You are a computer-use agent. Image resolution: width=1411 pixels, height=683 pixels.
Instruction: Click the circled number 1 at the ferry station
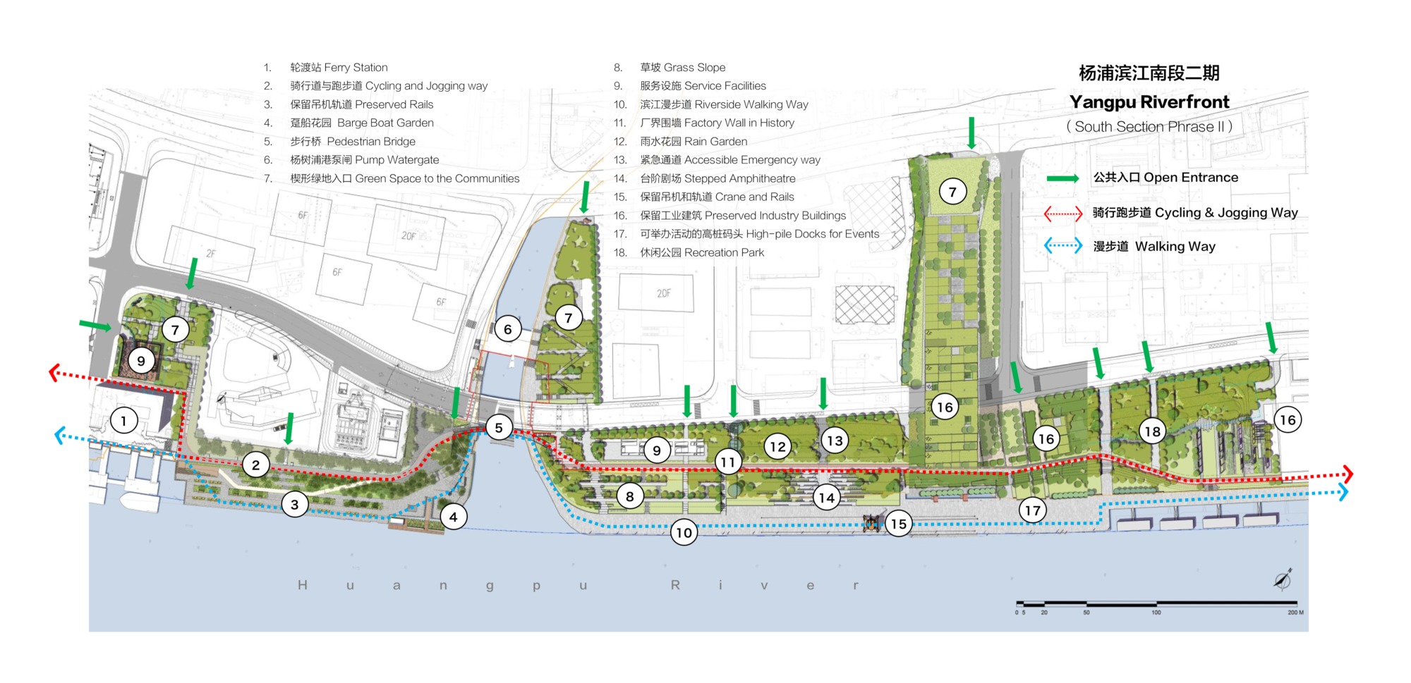pos(123,422)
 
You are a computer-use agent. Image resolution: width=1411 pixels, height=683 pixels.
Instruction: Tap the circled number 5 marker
pos(499,427)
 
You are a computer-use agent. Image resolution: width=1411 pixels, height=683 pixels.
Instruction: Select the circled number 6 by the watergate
pos(507,328)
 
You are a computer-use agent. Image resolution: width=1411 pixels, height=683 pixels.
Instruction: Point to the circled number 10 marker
pos(684,532)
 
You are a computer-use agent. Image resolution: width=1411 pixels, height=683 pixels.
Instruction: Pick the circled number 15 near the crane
pos(898,524)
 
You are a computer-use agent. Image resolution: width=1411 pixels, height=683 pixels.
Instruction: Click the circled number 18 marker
pos(1152,431)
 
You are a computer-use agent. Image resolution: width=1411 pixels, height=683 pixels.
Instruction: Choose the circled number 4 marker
pos(453,517)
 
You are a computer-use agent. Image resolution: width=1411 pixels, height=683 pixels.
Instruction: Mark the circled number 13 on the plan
pos(835,441)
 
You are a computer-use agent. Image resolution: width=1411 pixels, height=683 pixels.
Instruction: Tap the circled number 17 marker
pos(1032,510)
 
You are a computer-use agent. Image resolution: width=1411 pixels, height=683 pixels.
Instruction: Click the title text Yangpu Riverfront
pos(1149,102)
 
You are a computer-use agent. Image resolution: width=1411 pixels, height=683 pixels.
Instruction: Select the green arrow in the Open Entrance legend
pos(1062,178)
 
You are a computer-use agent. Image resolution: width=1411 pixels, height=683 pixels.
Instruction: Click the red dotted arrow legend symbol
pos(1062,213)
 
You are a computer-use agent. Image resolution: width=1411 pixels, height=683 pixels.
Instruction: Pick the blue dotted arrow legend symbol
pos(1062,246)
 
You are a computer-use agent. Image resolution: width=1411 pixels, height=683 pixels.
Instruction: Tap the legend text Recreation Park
pos(724,252)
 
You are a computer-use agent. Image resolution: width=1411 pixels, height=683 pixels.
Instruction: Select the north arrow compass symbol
pos(1283,579)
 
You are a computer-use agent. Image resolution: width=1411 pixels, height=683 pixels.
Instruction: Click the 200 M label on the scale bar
pos(1295,613)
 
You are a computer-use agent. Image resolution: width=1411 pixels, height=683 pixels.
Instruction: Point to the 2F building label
pos(211,253)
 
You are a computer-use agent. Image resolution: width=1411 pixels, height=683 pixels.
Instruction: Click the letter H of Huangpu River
pos(303,585)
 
